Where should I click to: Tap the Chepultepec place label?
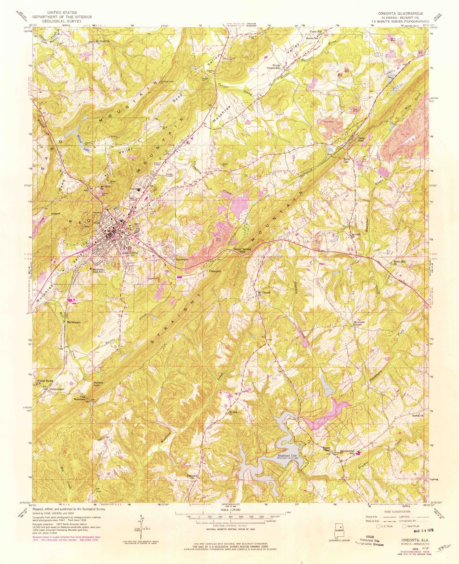pos(57,388)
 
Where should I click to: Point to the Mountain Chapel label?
pos(359,323)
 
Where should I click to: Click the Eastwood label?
pos(182,259)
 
